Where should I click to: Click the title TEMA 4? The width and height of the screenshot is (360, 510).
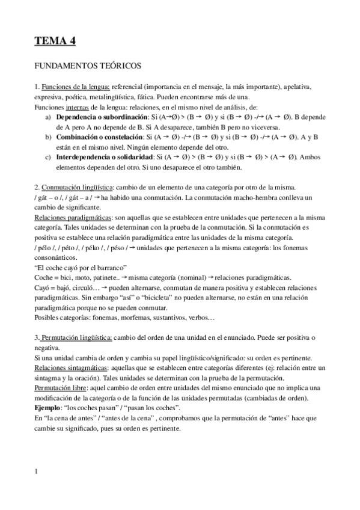coord(54,41)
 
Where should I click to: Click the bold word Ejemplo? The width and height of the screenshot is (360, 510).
coord(49,407)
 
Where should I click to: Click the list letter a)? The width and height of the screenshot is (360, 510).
coord(48,117)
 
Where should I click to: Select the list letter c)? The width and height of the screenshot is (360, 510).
coord(48,157)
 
